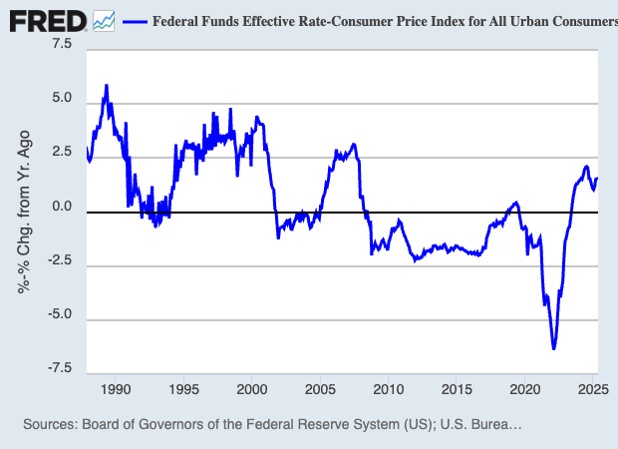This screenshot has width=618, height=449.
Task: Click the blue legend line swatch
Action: [x=134, y=20]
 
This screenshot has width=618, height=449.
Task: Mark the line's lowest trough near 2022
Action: [x=553, y=348]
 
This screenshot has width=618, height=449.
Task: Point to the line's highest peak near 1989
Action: [x=107, y=86]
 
